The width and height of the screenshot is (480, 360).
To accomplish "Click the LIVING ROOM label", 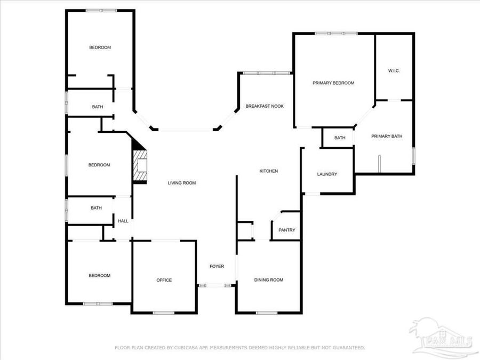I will coord(182,183).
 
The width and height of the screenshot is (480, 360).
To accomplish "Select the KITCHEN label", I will coord(268,171).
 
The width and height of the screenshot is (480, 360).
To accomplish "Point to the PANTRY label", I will coord(286,230).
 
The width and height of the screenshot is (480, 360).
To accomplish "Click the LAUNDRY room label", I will coord(326,174).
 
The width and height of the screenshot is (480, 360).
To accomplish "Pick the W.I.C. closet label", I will coord(394,71).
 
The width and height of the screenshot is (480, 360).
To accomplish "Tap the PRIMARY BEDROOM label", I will coord(333,83).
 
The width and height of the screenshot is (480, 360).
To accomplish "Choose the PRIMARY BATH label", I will coord(387,137).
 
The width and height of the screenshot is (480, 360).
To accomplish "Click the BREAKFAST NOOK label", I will coord(265,107).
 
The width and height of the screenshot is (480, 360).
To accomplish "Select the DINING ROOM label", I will coord(268,280).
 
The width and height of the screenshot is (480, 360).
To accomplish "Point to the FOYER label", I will coord(217,266).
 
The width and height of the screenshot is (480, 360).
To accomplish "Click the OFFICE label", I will coord(164,280).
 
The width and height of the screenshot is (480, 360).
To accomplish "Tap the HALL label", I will coord(123,221).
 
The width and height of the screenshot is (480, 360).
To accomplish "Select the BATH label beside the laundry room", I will coord(340,138).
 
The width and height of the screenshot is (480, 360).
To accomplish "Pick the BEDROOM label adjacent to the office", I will coord(99,276).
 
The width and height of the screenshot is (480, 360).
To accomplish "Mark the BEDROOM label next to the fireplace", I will coord(99,165).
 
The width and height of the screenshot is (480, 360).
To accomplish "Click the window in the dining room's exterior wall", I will coord(266,313).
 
